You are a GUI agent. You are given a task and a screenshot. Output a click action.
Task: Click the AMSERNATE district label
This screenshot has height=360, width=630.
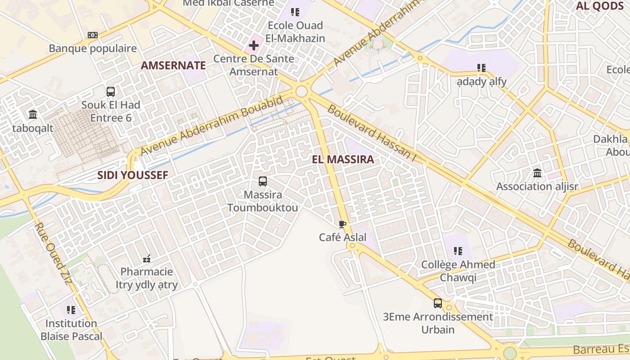point(173,65)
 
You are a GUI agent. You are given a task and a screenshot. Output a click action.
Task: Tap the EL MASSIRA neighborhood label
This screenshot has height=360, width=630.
point(343,159)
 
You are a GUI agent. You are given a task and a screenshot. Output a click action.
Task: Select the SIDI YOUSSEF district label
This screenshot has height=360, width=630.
point(133,175)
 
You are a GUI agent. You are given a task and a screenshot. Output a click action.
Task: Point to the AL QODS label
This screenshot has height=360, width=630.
point(600,6)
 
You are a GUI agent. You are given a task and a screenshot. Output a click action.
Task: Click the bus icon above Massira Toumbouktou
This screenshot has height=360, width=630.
point(263,181)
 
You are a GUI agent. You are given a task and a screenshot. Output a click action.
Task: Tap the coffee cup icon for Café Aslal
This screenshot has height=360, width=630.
point(342,224)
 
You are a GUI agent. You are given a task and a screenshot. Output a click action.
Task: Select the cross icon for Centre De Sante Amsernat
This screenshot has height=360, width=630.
point(254,45)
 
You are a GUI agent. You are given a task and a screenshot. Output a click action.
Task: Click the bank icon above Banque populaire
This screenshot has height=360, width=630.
point(93,35)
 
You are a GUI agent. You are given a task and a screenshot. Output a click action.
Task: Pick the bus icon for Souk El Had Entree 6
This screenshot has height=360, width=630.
point(111,91)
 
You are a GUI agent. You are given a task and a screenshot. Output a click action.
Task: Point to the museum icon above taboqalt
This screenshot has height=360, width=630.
point(33,115)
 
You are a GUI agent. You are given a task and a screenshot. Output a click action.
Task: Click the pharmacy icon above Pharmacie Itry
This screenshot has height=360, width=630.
point(147,258)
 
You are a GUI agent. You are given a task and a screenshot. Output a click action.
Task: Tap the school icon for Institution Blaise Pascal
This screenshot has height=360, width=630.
point(71,310)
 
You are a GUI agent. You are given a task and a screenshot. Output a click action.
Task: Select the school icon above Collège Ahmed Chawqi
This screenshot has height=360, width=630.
point(458,251)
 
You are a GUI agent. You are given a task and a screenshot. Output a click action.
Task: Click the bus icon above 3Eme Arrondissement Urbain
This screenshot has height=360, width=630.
point(438,303)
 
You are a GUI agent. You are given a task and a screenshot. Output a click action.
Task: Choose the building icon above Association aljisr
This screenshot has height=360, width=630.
point(537,173)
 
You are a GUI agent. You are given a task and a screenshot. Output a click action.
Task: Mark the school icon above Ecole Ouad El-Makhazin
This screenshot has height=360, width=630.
point(295,12)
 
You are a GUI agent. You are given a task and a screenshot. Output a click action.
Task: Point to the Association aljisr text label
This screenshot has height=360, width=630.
point(537,186)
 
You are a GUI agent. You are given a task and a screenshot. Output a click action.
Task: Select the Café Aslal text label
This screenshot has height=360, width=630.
point(343,237)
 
